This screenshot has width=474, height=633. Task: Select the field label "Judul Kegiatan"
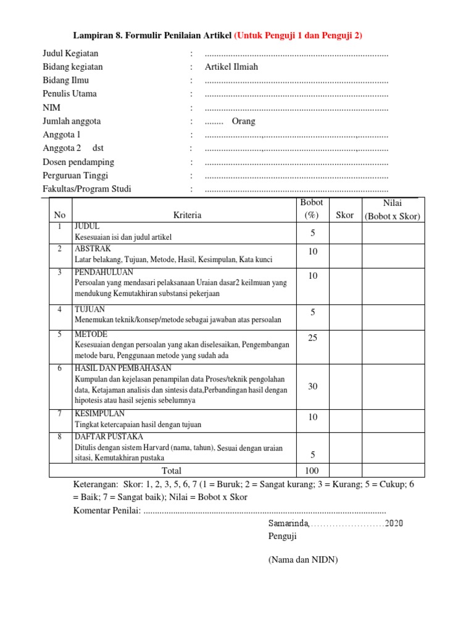click(x=70, y=54)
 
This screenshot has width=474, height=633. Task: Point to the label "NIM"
click(x=51, y=108)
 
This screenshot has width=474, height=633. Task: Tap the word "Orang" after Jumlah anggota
click(x=243, y=121)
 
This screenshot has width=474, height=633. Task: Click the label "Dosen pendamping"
click(x=78, y=162)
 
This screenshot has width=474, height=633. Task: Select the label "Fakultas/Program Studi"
click(x=87, y=189)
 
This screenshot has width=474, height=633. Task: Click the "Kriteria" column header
click(x=187, y=215)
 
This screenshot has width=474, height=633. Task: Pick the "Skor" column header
click(x=344, y=215)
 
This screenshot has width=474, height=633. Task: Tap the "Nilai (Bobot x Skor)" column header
click(x=392, y=210)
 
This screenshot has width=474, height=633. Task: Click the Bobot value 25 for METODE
click(x=313, y=338)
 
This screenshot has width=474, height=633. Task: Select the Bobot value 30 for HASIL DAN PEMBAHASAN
click(x=313, y=386)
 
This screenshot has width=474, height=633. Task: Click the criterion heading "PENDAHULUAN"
click(x=103, y=272)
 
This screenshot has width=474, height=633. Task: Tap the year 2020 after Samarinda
click(x=394, y=524)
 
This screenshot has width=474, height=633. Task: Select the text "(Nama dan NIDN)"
click(x=303, y=560)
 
